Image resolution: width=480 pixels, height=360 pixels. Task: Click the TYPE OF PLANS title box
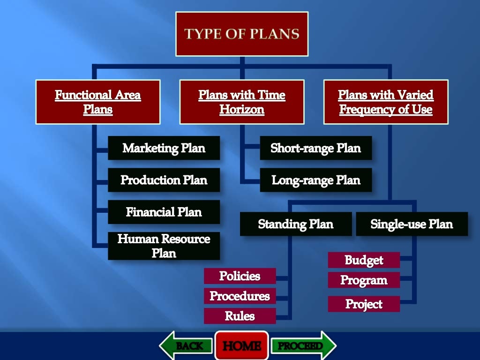(242, 34)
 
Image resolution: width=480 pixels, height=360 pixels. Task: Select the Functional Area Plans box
(98, 102)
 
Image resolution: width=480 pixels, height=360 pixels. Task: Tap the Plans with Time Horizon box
(242, 102)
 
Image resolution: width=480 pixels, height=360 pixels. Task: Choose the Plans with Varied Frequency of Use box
(386, 102)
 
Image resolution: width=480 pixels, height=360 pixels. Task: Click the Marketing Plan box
(164, 148)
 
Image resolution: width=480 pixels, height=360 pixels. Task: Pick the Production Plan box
(164, 180)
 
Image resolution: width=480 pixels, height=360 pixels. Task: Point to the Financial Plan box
(164, 212)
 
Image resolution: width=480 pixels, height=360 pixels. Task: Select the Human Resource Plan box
(164, 246)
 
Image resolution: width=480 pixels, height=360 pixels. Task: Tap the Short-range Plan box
(316, 148)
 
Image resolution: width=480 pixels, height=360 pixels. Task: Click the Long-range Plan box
(316, 180)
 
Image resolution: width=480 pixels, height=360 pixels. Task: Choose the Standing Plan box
(296, 224)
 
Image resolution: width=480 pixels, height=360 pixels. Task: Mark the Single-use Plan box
(412, 224)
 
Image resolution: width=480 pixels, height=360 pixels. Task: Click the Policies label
(240, 276)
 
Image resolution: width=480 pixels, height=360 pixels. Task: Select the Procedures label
(240, 296)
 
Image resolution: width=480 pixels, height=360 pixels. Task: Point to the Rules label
(240, 316)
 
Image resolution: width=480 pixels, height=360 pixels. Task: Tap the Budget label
(364, 260)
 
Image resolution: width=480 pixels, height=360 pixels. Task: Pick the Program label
(364, 280)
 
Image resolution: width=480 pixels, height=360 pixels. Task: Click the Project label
(364, 304)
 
